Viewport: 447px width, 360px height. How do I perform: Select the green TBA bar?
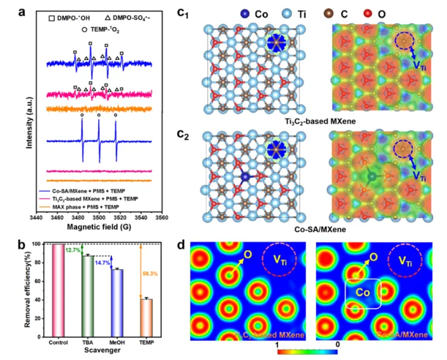coord(88,292)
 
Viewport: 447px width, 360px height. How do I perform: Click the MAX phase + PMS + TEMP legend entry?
coord(106,180)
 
